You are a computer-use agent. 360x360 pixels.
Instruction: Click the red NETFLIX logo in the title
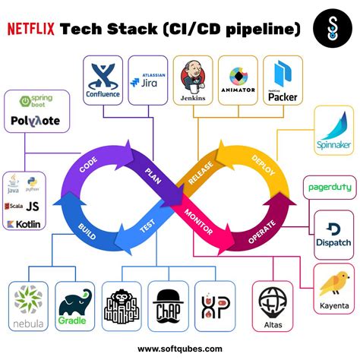pos(31,29)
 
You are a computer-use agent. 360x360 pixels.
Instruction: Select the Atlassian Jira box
pos(148,80)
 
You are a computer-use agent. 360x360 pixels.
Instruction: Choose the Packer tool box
pos(283,80)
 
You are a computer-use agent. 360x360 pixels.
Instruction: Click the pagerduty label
pos(330,187)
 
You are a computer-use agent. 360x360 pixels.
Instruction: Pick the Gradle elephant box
pos(77,307)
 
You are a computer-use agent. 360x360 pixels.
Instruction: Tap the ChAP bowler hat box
pos(168,307)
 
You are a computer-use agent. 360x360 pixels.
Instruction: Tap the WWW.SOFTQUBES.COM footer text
pos(180,349)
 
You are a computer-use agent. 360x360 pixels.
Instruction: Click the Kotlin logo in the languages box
pos(22,224)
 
